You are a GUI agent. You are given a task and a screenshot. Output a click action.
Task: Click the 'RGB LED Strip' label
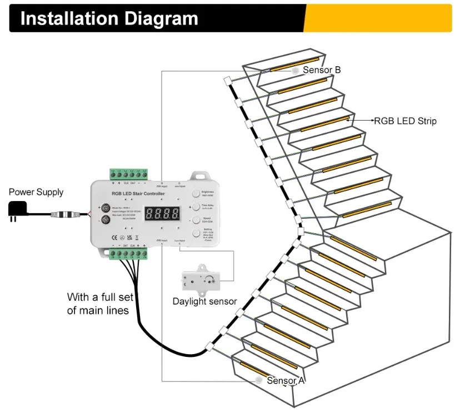coord(405,121)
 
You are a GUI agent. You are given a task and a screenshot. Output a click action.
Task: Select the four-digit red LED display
coord(162,213)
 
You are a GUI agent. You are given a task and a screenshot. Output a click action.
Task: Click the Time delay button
coord(196,207)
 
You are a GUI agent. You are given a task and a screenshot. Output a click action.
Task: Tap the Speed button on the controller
coord(196,220)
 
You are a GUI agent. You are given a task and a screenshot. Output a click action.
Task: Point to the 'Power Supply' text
coord(36,192)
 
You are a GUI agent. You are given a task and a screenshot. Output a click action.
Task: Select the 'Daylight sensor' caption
coord(204,301)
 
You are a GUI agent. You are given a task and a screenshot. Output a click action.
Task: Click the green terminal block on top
coord(131,174)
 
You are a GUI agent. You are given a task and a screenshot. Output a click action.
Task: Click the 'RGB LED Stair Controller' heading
coord(138,194)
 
